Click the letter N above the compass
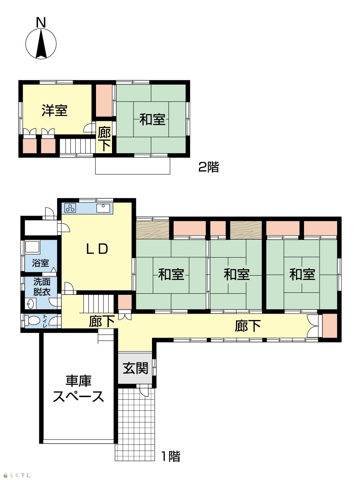click(41, 22)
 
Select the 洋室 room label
click(54, 111)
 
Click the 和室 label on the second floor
click(152, 120)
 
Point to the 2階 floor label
click(208, 167)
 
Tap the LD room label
click(97, 249)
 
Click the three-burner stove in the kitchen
click(70, 208)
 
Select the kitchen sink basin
click(103, 208)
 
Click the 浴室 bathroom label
click(40, 263)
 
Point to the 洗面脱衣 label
click(42, 287)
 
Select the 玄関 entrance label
click(136, 368)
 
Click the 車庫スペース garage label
click(78, 388)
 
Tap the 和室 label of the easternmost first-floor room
click(302, 274)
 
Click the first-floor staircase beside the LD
click(98, 304)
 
